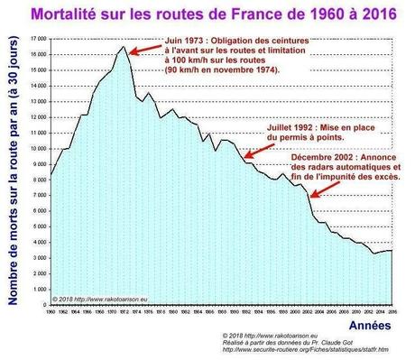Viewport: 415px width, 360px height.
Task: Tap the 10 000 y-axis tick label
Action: pyautogui.click(x=39, y=149)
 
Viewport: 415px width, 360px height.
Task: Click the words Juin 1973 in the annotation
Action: pyautogui.click(x=188, y=42)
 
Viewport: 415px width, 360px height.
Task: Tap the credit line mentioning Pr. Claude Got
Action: pyautogui.click(x=281, y=342)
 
